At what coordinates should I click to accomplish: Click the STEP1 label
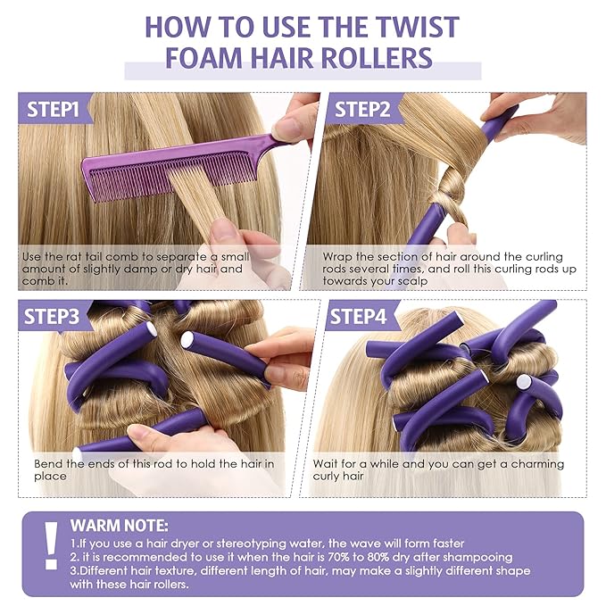coord(54,111)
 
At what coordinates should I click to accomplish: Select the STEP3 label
coord(54,317)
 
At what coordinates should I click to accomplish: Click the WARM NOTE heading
coord(119,526)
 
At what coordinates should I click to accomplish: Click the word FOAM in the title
coord(204,59)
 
